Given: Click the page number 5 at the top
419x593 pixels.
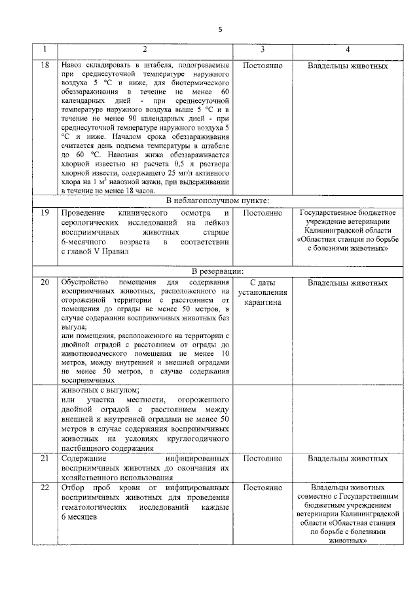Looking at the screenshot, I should tap(221, 29).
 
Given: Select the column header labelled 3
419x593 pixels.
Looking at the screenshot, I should tap(262, 50).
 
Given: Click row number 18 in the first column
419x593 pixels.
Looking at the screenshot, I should tap(45, 66).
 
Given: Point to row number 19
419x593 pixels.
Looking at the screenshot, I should tap(45, 214).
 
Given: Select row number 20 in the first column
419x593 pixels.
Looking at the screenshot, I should tap(45, 283).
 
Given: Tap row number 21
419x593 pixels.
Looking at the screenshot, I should tap(45, 459).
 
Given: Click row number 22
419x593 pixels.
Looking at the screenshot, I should tap(45, 489).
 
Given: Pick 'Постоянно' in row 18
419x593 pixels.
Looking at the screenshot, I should tap(262, 66).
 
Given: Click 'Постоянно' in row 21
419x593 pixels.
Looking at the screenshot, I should tap(262, 459).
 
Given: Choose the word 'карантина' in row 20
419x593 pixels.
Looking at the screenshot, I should tap(262, 303).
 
